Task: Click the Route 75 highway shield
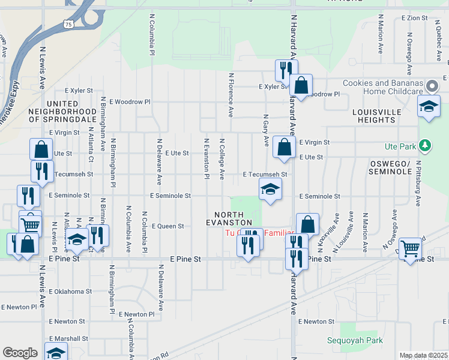[x=69, y=24]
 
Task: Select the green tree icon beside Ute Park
[x=426, y=145]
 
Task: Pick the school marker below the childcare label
[x=429, y=106]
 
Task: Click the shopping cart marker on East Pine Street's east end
[x=411, y=247]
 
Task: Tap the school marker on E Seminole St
[x=271, y=190]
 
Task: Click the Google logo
[x=20, y=353]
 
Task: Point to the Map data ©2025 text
[x=423, y=355]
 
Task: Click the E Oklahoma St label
[x=71, y=292]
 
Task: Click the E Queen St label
[x=167, y=226]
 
